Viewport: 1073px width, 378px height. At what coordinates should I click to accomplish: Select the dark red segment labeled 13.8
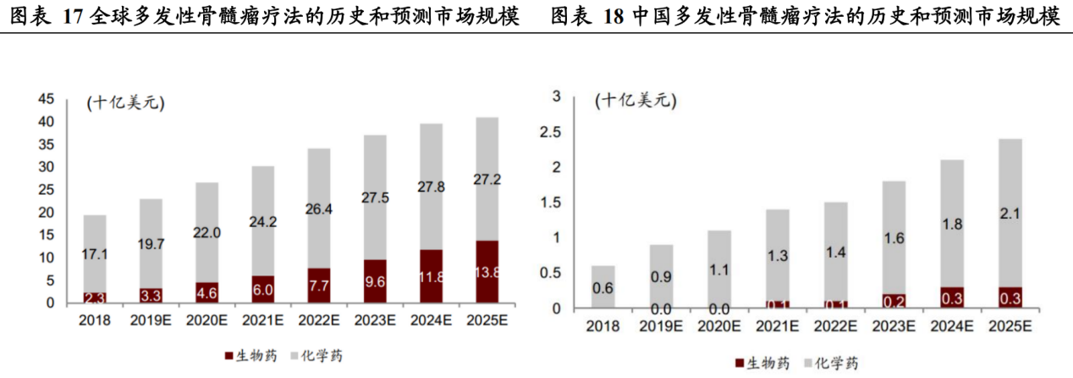(486, 272)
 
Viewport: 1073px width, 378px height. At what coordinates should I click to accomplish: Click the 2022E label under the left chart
(318, 320)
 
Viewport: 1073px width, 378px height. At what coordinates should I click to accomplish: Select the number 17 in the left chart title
(73, 16)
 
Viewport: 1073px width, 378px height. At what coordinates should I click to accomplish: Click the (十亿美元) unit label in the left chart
(125, 103)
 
